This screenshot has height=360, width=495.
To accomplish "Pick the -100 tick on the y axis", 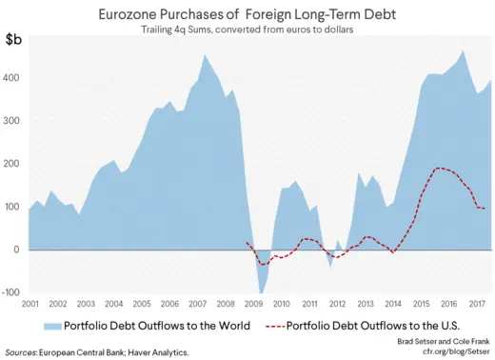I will point(10,293).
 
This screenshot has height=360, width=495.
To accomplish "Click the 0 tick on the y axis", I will point(18,250).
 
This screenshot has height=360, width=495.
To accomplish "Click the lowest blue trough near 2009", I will point(261,292).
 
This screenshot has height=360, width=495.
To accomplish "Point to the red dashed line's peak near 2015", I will point(438,169).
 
